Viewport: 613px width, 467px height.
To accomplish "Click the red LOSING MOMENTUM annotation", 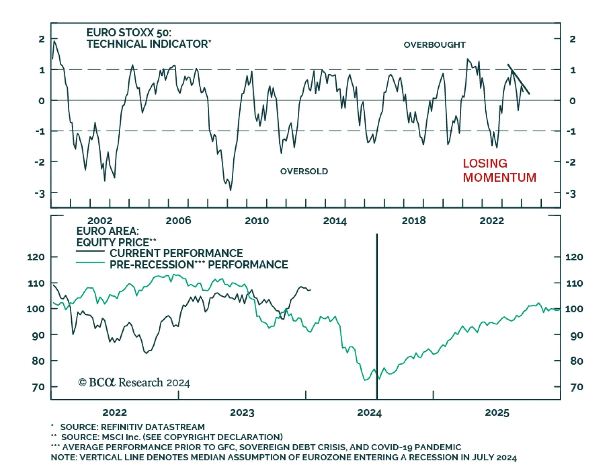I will [499, 170].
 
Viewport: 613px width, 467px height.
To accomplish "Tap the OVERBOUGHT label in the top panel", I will [434, 45].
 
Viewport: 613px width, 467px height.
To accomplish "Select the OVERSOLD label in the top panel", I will [304, 171].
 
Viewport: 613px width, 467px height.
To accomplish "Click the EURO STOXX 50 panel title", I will [148, 38].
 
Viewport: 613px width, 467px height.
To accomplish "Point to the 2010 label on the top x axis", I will [257, 221].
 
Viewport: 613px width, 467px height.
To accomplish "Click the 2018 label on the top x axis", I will [413, 221].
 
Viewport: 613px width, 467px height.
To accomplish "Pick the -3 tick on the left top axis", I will [40, 193].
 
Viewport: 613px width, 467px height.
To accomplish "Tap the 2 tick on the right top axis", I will [572, 39].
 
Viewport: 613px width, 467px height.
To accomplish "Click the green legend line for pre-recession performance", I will [90, 263].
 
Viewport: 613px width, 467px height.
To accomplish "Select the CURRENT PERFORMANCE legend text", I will [176, 253].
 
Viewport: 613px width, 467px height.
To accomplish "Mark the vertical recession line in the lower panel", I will [377, 314].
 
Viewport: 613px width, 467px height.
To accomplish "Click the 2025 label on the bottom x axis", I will [497, 413].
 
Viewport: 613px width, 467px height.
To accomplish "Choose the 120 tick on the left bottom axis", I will [36, 257].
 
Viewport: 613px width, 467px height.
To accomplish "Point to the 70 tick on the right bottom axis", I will [577, 387].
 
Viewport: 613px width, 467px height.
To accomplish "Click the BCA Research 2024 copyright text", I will [134, 383].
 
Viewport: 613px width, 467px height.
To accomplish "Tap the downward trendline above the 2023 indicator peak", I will [519, 79].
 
